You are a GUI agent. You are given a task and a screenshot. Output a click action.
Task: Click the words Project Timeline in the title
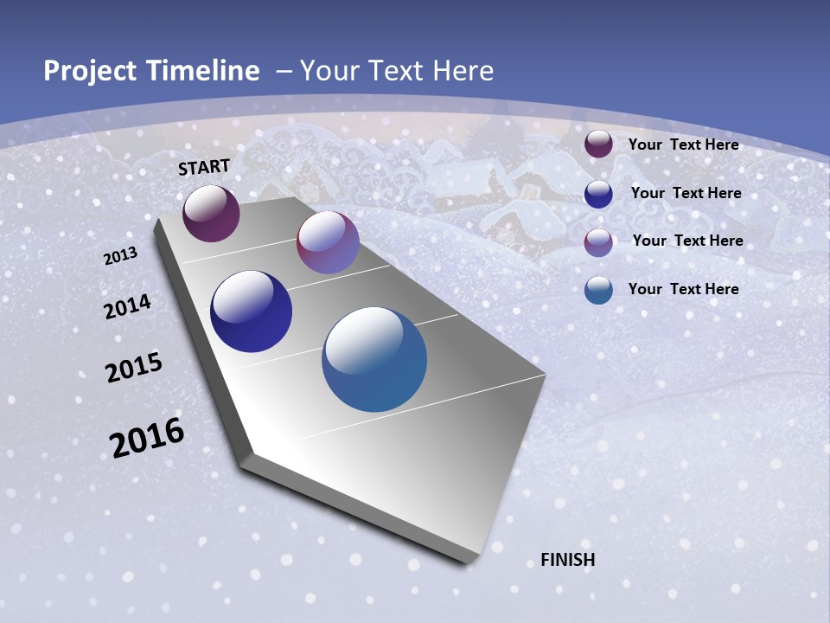[x=151, y=71]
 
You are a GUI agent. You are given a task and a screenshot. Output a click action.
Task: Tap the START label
[x=204, y=167]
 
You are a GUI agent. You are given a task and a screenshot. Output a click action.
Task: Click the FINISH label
[x=568, y=560]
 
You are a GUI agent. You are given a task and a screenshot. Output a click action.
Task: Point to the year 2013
[x=120, y=256]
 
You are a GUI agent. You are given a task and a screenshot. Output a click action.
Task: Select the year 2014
[x=128, y=307]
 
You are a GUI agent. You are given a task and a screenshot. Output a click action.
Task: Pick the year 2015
[x=134, y=368]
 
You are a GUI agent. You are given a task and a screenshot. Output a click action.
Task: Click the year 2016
[x=147, y=438]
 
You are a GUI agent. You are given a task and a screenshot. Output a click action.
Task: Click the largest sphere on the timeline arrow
[x=374, y=359]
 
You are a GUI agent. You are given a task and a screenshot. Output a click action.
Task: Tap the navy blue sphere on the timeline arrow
[x=251, y=311]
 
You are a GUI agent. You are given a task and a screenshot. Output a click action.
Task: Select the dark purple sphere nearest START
[x=211, y=213]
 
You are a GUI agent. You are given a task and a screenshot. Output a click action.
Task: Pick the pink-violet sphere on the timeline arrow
[x=328, y=242]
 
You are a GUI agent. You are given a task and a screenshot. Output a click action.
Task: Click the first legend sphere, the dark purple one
[x=598, y=145]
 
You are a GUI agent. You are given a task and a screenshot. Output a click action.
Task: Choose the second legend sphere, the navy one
[x=598, y=194]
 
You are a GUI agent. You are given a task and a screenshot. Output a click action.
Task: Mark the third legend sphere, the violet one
[x=598, y=242]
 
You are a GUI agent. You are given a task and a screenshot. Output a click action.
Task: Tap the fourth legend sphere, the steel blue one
[x=598, y=290]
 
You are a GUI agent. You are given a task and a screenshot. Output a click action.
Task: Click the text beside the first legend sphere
[x=683, y=145]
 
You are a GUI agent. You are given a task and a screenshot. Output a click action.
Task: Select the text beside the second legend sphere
[x=686, y=193]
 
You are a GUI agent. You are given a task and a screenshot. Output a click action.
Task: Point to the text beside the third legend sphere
[x=687, y=241]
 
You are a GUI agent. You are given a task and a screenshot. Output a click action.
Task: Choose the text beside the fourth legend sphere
[x=683, y=289]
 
